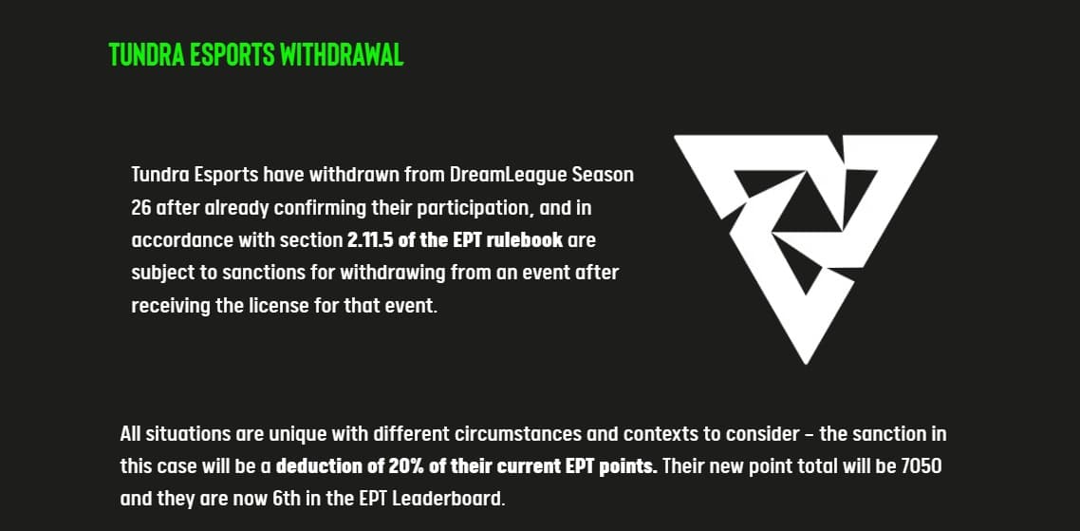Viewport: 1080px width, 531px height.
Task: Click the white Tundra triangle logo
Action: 805,242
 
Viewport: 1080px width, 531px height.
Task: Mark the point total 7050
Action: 920,467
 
